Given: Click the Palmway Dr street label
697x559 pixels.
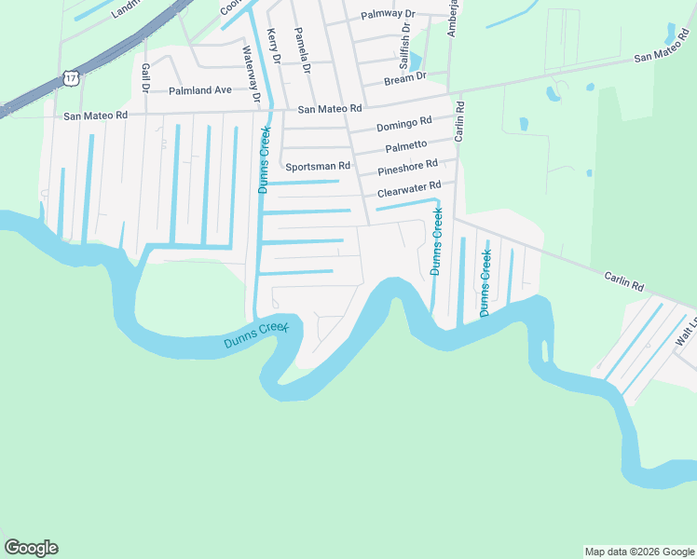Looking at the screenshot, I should pos(388,15).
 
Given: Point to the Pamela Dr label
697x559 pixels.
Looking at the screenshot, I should pos(304,50).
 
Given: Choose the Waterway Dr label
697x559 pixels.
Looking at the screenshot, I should pos(251,75).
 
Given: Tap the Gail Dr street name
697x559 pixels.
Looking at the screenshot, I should pos(145,79).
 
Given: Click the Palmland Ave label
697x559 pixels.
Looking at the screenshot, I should pos(199,90).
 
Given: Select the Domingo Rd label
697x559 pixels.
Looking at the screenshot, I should pos(404,124).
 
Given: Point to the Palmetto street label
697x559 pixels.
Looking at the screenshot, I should pos(406,146).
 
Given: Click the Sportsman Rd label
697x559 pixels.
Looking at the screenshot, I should pos(318,167).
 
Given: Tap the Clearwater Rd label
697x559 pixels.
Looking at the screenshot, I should pos(409,191).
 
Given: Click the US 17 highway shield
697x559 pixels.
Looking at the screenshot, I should pos(71,77).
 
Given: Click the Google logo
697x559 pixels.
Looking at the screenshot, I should pos(31,548).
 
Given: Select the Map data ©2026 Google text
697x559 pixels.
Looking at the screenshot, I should pos(638,552).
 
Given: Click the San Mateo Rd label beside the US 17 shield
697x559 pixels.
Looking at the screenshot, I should pos(95,116).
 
